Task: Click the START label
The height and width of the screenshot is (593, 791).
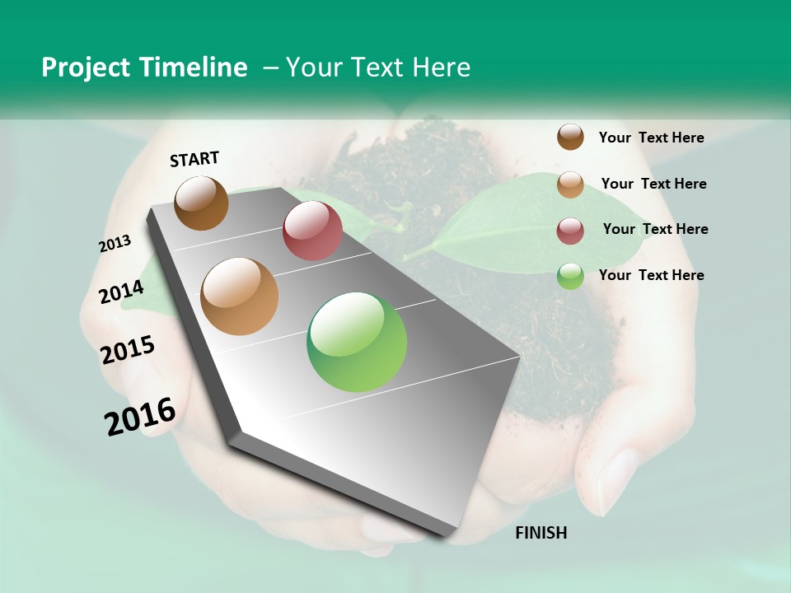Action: pyautogui.click(x=194, y=159)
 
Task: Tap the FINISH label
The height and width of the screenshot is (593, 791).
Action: pyautogui.click(x=541, y=533)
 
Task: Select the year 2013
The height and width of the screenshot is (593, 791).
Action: pyautogui.click(x=115, y=244)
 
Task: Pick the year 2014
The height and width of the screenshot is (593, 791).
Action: pyautogui.click(x=122, y=292)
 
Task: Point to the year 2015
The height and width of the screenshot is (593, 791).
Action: pyautogui.click(x=128, y=350)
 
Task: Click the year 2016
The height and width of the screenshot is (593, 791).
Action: pyautogui.click(x=140, y=417)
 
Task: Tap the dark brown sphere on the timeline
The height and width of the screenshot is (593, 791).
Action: pyautogui.click(x=202, y=203)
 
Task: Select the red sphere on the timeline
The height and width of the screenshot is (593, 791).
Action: pyautogui.click(x=312, y=231)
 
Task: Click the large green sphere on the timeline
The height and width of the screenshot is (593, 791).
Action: pyautogui.click(x=357, y=342)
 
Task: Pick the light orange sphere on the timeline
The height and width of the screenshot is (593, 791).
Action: pyautogui.click(x=240, y=296)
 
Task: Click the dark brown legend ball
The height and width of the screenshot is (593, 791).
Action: pyautogui.click(x=570, y=137)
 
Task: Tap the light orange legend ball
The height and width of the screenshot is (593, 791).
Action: pyautogui.click(x=570, y=184)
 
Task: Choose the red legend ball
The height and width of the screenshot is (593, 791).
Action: pyautogui.click(x=570, y=231)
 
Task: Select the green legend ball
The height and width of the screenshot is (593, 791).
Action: pyautogui.click(x=570, y=276)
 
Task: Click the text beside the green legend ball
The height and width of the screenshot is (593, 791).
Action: pyautogui.click(x=652, y=275)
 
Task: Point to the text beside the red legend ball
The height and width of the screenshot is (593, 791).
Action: pyautogui.click(x=656, y=229)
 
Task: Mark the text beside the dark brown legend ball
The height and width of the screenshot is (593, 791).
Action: pyautogui.click(x=652, y=138)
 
